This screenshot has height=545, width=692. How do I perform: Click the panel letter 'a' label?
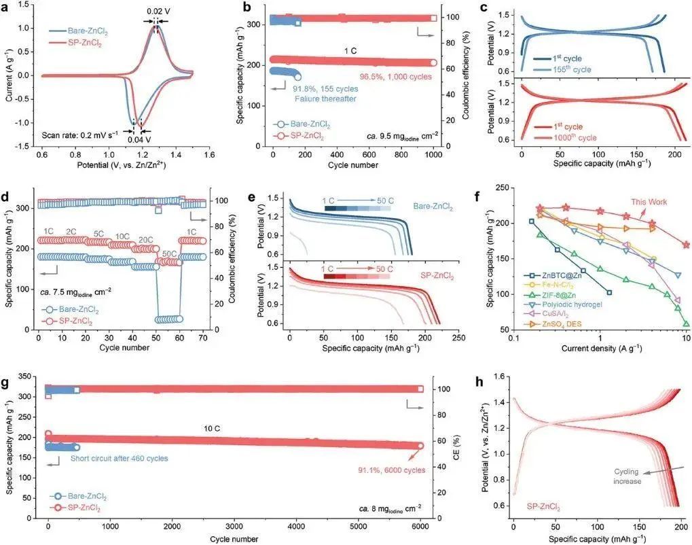[x=8, y=8]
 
